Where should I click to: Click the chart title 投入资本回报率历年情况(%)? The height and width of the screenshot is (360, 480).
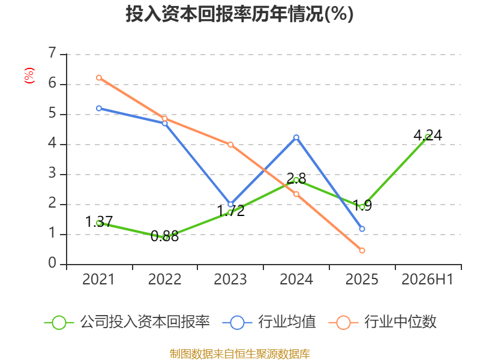(239, 14)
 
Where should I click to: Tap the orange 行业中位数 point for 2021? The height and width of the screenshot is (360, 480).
(99, 78)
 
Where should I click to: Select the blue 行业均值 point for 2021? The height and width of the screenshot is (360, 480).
(99, 109)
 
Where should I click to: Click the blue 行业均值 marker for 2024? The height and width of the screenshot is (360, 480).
(296, 137)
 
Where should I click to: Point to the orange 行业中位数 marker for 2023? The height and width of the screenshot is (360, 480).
(230, 145)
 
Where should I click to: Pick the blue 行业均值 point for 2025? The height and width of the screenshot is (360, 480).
(362, 229)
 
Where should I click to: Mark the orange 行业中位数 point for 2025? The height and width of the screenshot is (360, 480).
(362, 250)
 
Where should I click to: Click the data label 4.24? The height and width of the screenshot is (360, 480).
(428, 136)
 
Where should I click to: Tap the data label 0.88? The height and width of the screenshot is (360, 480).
(164, 236)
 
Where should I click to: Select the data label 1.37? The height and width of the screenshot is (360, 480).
(99, 221)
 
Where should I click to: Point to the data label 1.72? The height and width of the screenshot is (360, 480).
(231, 211)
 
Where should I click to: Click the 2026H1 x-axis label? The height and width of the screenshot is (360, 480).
(428, 280)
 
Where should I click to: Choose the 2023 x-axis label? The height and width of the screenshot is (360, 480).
(230, 280)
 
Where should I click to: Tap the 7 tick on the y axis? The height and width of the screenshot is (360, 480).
(52, 53)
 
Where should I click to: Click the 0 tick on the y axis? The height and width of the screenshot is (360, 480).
(52, 263)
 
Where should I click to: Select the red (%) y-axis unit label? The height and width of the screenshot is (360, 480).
(29, 76)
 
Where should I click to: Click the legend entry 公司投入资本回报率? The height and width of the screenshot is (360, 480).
(127, 322)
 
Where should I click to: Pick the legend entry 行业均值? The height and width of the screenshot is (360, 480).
(269, 322)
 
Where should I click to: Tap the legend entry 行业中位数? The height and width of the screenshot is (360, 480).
(382, 322)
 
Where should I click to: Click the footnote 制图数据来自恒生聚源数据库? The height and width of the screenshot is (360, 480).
(240, 353)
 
